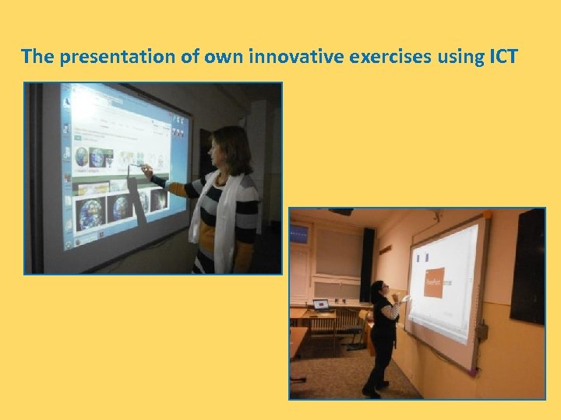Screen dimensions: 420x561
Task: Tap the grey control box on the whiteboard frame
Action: click(483, 332)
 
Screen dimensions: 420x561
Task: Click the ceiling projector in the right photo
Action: click(341, 211)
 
